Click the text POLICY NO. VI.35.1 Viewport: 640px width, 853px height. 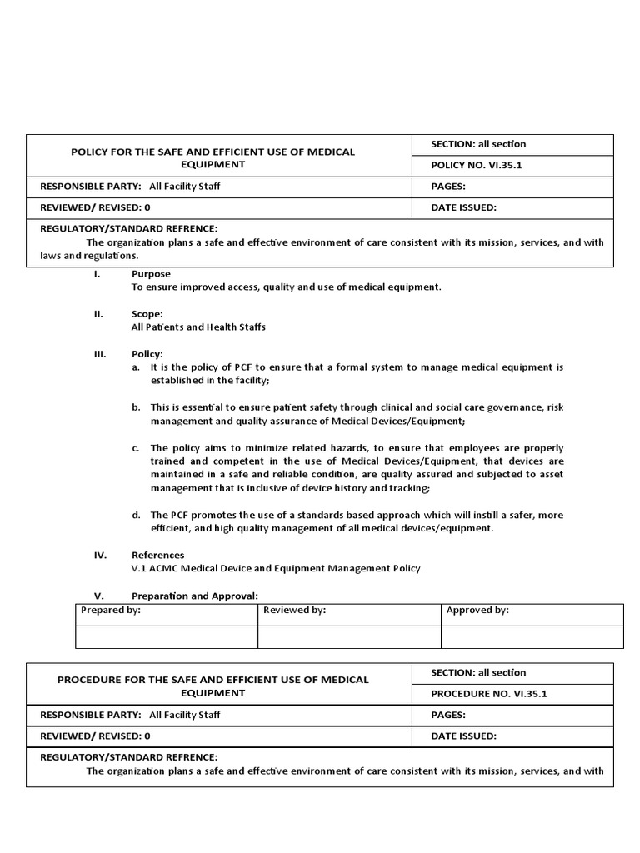[x=477, y=166]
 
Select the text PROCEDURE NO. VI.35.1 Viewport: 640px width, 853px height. [x=488, y=693]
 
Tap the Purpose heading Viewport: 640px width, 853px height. [x=151, y=274]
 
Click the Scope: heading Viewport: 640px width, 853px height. [x=147, y=314]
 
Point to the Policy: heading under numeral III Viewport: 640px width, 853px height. [x=147, y=354]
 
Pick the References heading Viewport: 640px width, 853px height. [x=158, y=555]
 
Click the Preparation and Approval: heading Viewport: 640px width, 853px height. [x=195, y=596]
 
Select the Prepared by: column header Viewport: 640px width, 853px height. [x=111, y=611]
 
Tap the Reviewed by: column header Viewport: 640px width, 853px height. [x=294, y=611]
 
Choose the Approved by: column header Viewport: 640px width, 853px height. [x=477, y=611]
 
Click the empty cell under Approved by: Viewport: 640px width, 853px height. [x=532, y=636]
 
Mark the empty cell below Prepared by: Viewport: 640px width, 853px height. [x=167, y=636]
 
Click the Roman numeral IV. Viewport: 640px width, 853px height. [x=98, y=555]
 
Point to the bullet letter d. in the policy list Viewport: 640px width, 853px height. [x=136, y=515]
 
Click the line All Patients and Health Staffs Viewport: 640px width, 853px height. [x=198, y=327]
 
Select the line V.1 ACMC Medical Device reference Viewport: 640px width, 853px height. [x=276, y=568]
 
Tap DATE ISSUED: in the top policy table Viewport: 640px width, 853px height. [x=464, y=207]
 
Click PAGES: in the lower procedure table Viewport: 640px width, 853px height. [x=448, y=715]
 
